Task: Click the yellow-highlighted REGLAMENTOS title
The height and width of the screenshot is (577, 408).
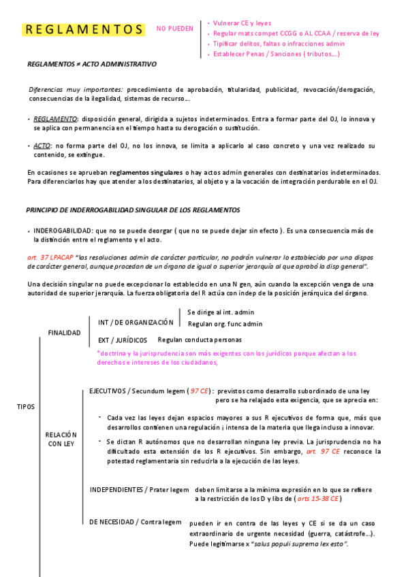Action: pos(83,30)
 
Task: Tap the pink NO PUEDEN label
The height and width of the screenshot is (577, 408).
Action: pos(174,29)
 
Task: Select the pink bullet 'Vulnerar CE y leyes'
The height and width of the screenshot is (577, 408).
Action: pos(242,23)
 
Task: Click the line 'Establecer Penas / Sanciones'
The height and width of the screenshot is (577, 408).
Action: pos(276,54)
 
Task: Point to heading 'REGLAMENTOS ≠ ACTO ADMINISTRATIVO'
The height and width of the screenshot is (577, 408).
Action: pos(91,64)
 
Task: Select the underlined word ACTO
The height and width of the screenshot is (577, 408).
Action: pos(42,146)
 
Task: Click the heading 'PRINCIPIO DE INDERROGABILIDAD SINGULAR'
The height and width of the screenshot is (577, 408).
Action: pos(133,210)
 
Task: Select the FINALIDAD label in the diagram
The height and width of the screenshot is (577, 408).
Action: pos(64,333)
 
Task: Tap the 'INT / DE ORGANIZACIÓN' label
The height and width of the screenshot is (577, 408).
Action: pos(136,322)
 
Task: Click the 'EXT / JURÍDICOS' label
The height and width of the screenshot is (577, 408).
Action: pos(122,340)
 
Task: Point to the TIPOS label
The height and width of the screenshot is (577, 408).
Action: pos(26,406)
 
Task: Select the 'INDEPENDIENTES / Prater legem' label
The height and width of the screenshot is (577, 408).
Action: pos(139,489)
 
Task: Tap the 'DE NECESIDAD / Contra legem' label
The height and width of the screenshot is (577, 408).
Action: pos(136,522)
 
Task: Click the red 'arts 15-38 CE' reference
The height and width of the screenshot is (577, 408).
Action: pos(318,499)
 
